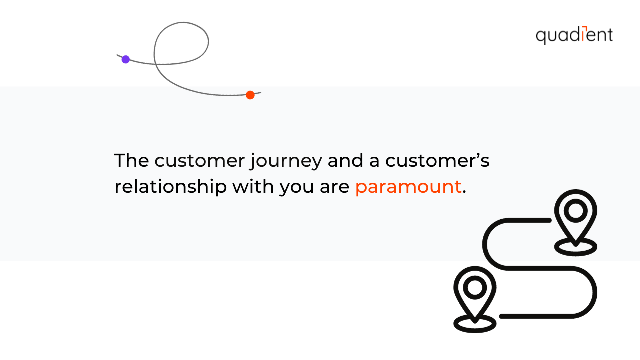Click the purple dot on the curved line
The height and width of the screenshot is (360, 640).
[125, 59]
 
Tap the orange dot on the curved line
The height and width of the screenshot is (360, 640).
[250, 95]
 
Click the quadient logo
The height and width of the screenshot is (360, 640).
[574, 36]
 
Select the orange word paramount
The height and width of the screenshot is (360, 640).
[408, 187]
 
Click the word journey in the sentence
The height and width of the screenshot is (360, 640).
[286, 161]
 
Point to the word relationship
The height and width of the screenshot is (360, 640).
[170, 187]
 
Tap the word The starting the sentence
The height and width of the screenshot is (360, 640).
[131, 161]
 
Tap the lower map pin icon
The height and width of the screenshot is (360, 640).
[474, 292]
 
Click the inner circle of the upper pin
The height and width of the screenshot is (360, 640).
[576, 210]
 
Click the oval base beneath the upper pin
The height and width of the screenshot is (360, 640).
[576, 247]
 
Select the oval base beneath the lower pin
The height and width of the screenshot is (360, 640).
[474, 324]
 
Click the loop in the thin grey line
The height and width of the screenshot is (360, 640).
[181, 42]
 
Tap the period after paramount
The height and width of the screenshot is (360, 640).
[464, 193]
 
